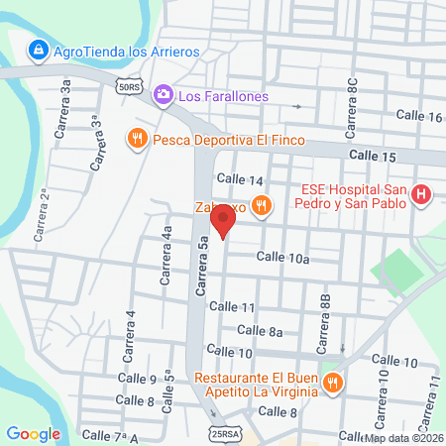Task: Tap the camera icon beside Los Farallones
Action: [x=163, y=95]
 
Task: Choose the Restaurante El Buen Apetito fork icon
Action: [x=332, y=383]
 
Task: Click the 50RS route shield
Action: [x=127, y=87]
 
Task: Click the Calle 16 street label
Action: [x=418, y=117]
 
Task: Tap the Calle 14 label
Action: [x=240, y=180]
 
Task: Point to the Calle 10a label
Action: [x=283, y=258]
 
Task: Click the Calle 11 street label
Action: [x=234, y=307]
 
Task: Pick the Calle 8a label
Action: [x=262, y=331]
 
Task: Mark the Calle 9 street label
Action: [x=140, y=380]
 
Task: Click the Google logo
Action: [x=33, y=433]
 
